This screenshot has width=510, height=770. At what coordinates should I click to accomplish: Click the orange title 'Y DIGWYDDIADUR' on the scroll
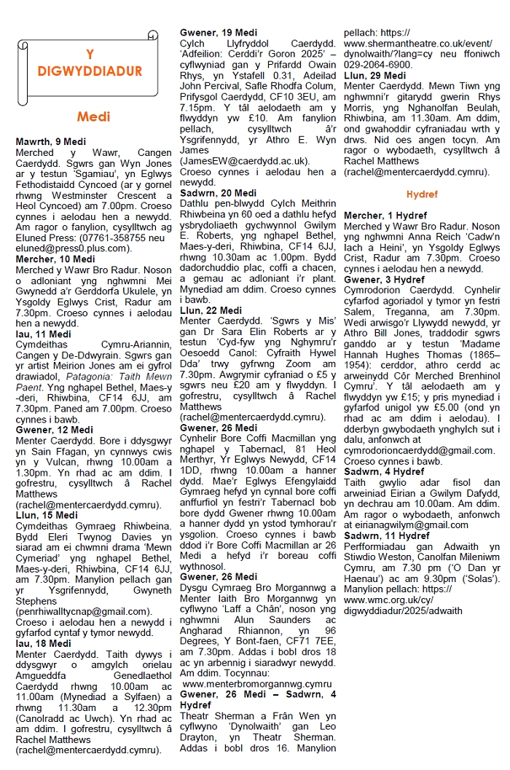pos(91,63)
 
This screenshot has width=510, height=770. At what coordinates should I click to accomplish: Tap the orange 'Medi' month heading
pos(93,117)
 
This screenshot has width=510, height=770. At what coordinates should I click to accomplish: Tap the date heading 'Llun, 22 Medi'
pos(210,311)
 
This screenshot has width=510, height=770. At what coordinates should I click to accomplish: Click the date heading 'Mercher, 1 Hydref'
pos(385,216)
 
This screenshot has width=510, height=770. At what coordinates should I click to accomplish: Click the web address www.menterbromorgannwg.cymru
pos(256,684)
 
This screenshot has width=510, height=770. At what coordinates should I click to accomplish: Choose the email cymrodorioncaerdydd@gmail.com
pos(418,450)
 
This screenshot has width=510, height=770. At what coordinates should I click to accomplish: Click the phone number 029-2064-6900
pos(377,64)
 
